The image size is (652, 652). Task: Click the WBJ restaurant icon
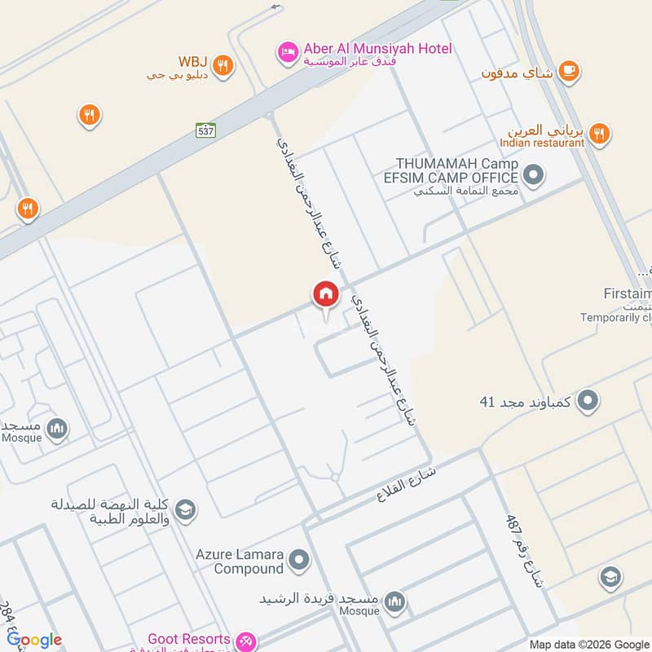coord(222,65)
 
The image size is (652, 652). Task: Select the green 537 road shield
coord(206,130)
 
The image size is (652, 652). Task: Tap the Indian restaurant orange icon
coord(599,133)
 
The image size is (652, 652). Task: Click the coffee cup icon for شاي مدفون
coord(569,73)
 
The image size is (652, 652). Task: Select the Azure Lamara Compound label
coord(239,561)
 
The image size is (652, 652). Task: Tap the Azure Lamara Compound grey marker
coord(300,560)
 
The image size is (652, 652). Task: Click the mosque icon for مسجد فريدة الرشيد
coord(395,601)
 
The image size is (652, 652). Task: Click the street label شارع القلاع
coord(406,483)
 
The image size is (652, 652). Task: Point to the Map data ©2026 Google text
coord(588,644)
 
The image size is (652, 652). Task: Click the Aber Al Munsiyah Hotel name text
coord(378,49)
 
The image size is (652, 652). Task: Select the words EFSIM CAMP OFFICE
coord(451,178)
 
